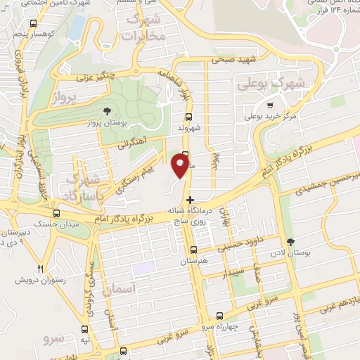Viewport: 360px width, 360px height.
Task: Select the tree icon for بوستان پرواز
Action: click(107, 111)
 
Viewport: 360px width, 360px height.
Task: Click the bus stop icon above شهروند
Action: click(188, 117)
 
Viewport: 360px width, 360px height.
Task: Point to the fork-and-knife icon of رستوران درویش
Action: click(40, 269)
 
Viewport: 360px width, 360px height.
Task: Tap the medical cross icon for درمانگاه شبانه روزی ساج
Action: click(190, 200)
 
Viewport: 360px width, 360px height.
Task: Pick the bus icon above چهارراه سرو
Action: click(220, 316)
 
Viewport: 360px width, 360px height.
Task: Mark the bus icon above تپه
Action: click(86, 328)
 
